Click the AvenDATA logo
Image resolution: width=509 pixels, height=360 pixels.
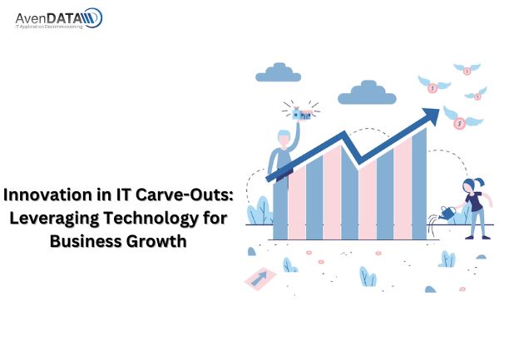click(x=59, y=18)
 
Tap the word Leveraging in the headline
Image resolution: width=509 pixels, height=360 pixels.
click(x=54, y=219)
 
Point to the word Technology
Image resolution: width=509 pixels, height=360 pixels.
click(x=151, y=219)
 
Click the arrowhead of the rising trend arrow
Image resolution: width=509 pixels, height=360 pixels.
click(x=431, y=116)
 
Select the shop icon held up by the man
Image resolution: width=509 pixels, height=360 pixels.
click(x=302, y=114)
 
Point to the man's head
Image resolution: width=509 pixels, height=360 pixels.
click(x=284, y=138)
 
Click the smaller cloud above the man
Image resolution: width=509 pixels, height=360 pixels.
click(x=278, y=72)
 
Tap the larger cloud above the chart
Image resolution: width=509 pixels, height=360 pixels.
click(x=367, y=93)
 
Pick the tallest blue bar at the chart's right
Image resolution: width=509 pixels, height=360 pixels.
click(x=419, y=184)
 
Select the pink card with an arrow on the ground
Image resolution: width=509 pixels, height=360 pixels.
click(x=259, y=279)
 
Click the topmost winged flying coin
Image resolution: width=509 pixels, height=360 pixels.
click(x=467, y=69)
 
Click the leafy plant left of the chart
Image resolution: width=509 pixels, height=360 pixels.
click(x=259, y=211)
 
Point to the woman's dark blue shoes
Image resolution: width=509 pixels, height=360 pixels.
click(x=477, y=237)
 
